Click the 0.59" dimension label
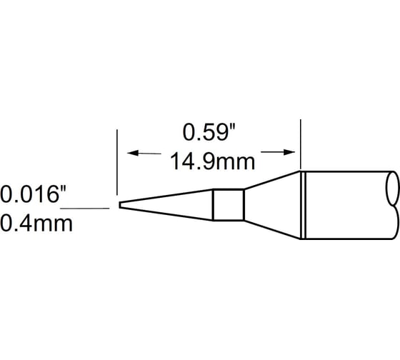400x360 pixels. [206, 133]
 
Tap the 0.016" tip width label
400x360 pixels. [35, 194]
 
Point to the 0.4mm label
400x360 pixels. [36, 224]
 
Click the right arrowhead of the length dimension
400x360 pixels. [291, 152]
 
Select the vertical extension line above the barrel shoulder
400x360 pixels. [301, 143]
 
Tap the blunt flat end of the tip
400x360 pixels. [119, 206]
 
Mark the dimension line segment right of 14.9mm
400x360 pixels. [275, 152]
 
